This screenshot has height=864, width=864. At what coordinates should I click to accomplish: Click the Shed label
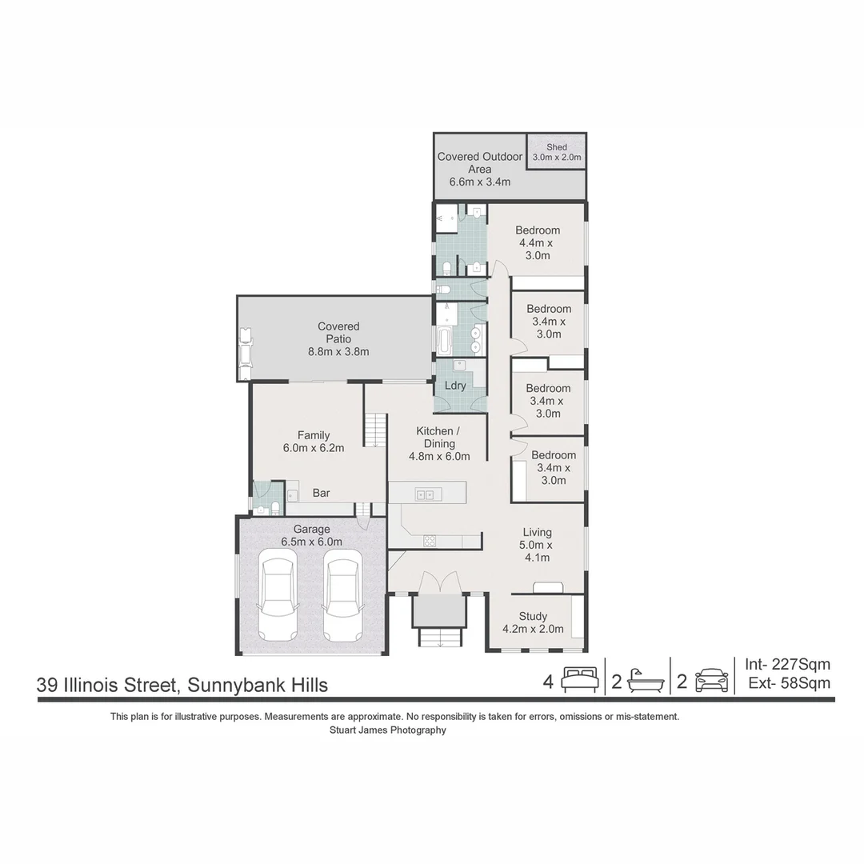[x=557, y=152]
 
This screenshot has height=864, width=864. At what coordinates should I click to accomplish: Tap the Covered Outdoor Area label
[x=480, y=169]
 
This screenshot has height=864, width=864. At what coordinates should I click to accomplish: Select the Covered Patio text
[x=338, y=338]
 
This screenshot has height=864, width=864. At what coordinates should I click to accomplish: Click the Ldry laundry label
[x=455, y=386]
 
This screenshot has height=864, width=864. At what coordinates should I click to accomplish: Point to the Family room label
[x=314, y=442]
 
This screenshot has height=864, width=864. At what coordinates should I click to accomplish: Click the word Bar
[x=321, y=494]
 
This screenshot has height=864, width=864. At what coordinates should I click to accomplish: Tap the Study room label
[x=533, y=622]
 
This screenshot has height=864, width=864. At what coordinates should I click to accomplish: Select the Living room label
[x=538, y=545]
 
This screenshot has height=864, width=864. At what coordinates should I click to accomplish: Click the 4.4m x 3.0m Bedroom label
[x=538, y=242]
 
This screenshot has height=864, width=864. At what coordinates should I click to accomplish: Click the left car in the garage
[x=278, y=599]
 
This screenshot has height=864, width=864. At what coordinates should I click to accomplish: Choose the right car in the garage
[x=343, y=599]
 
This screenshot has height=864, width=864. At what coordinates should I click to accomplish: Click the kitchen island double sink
[x=425, y=494]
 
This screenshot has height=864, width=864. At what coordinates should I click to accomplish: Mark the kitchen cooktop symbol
[x=430, y=542]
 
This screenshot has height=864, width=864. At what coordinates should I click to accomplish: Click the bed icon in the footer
[x=580, y=681]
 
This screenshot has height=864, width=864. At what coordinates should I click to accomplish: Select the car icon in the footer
[x=711, y=681]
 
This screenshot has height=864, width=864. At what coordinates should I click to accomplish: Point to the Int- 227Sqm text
[x=787, y=664]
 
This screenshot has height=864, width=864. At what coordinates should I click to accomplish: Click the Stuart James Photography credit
[x=388, y=730]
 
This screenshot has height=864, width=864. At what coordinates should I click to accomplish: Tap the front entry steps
[x=439, y=638]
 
